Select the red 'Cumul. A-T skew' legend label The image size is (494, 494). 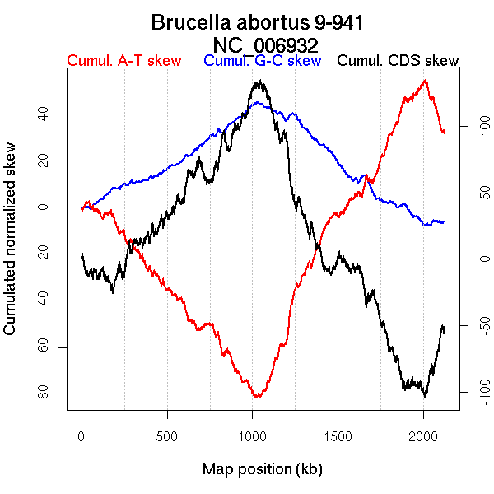click(x=123, y=61)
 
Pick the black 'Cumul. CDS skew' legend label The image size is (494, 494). click(x=398, y=61)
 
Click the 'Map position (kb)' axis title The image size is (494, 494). click(x=262, y=470)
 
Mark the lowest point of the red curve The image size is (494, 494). click(x=257, y=397)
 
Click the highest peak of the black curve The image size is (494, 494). click(x=259, y=81)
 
